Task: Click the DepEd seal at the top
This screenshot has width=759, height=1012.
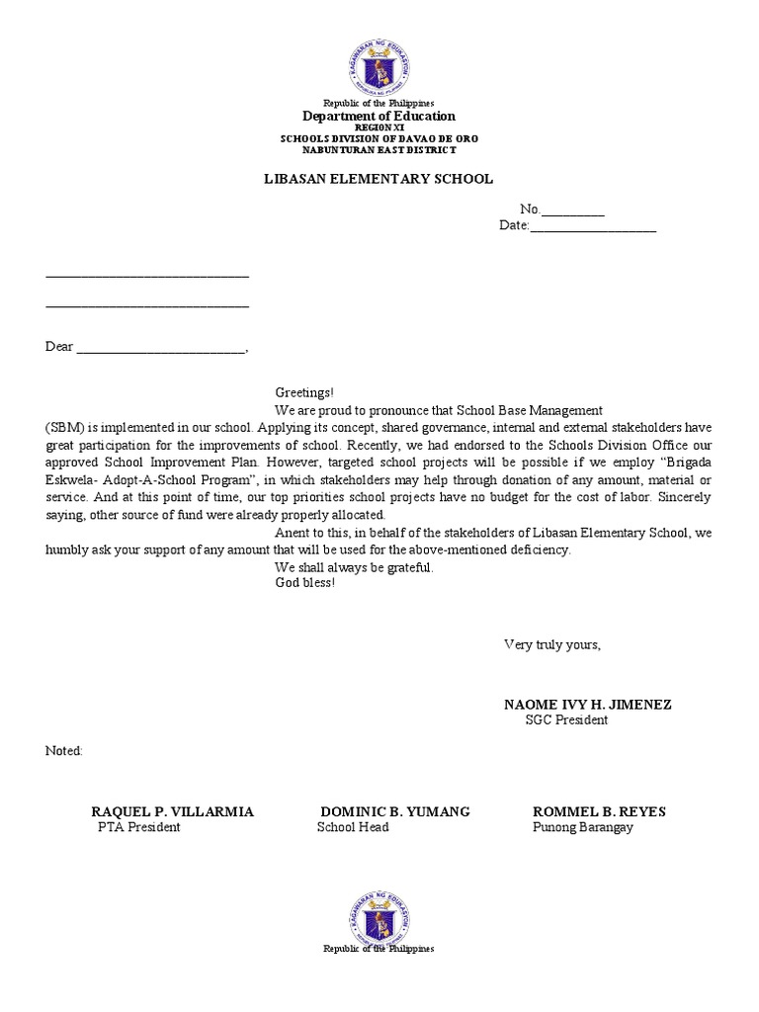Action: click(x=379, y=68)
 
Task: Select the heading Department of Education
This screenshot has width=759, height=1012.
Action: click(x=379, y=117)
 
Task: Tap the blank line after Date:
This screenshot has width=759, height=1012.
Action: click(x=593, y=227)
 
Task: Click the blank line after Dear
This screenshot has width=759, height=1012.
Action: click(x=161, y=348)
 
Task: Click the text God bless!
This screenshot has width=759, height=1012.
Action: click(x=304, y=583)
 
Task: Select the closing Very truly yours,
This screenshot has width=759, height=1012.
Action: click(x=551, y=644)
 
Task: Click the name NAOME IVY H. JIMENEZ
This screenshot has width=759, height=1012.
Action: click(x=587, y=705)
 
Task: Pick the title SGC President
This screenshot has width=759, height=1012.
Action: click(x=566, y=720)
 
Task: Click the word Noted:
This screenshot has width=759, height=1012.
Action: click(x=64, y=751)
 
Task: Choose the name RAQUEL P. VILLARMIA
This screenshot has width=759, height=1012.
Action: click(x=172, y=811)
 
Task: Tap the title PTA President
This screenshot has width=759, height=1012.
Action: click(x=138, y=827)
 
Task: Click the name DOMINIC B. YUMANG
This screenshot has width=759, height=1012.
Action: click(x=395, y=811)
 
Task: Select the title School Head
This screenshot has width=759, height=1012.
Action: click(x=353, y=827)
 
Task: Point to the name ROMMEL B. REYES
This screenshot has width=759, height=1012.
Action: click(x=599, y=811)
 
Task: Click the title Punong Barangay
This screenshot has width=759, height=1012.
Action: click(x=582, y=827)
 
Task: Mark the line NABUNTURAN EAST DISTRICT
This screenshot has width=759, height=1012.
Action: click(x=379, y=150)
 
